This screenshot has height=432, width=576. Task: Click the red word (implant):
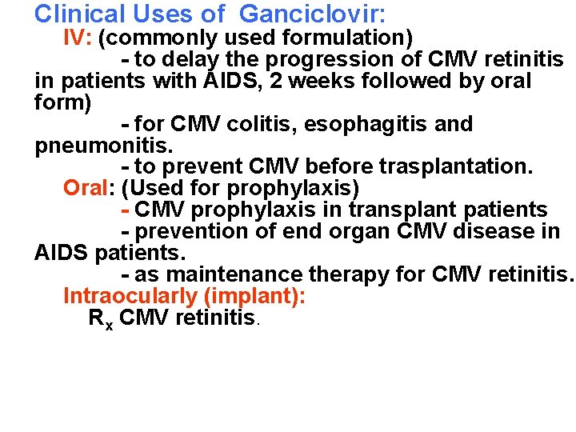point(255,297)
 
